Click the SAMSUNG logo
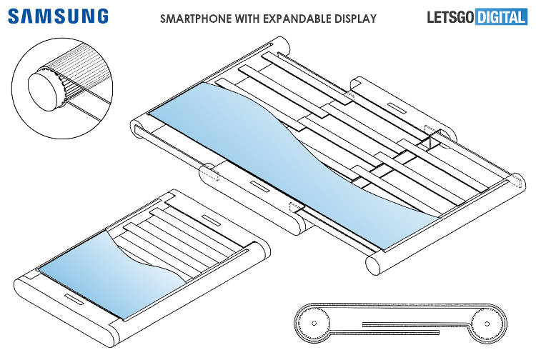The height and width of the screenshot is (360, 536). point(59,16)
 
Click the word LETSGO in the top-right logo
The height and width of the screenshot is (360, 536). point(447,16)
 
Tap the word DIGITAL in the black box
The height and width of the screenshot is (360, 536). point(500,16)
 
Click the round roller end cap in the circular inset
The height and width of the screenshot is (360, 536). point(44,89)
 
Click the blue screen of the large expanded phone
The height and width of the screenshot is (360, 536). point(286,157)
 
